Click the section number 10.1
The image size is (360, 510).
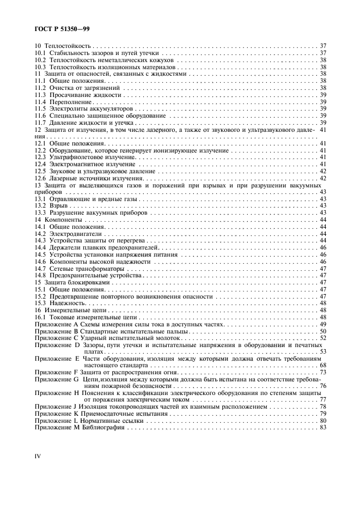point(41,53)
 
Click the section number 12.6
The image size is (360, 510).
point(41,178)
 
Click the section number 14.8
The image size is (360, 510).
point(41,275)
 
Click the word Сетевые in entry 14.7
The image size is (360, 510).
point(62,268)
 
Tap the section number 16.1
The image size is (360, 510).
point(41,317)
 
